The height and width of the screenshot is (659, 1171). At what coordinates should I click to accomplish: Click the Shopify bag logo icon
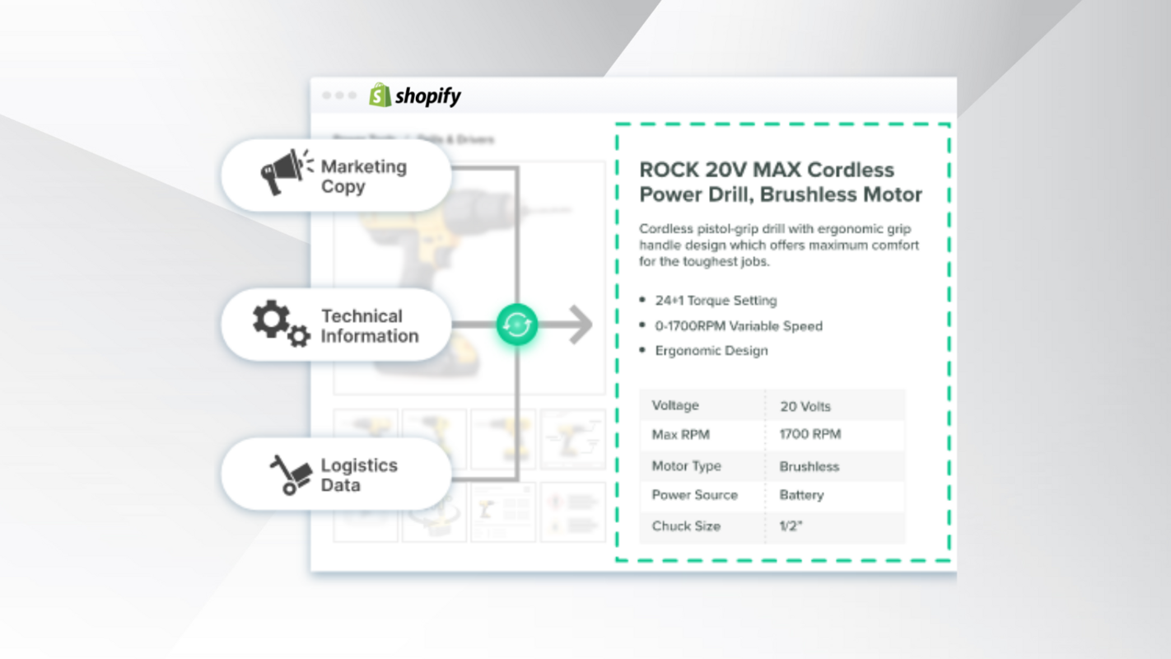380,95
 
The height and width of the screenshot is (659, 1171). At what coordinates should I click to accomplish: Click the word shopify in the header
428,96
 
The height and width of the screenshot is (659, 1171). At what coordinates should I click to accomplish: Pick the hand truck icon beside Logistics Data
291,475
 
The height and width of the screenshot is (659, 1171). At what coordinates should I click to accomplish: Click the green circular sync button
517,325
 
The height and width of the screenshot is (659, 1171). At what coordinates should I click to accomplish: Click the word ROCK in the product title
669,171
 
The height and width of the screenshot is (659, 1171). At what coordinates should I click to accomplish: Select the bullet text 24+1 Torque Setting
716,301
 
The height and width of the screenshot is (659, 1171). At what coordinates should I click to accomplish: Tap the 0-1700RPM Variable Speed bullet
739,326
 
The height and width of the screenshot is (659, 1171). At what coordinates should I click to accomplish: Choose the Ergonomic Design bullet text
711,351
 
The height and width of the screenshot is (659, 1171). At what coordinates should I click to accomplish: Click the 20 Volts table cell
805,406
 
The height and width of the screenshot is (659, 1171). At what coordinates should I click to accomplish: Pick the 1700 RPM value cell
809,435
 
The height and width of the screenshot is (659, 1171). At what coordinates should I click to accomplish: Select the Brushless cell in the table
809,466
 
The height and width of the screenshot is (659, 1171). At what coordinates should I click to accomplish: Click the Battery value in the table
801,495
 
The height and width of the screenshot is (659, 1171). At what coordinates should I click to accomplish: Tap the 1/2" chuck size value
790,526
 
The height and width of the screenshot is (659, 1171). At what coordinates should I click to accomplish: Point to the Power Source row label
694,495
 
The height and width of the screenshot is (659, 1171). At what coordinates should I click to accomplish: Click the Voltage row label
675,405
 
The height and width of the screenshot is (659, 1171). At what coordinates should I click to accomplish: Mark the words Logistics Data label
358,475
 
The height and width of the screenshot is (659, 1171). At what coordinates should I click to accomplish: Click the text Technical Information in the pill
369,326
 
